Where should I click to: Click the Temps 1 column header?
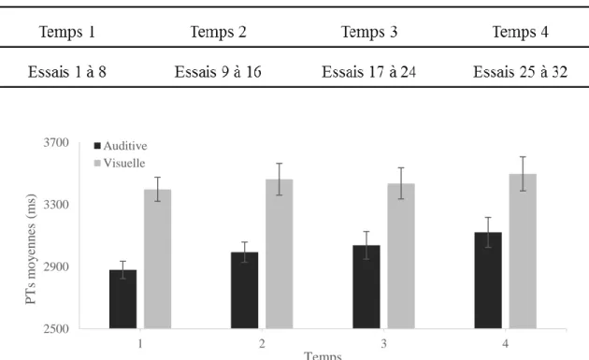point(67,32)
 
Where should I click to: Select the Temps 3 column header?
point(369,32)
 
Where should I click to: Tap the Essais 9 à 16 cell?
point(218,72)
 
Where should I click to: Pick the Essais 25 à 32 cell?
point(520,72)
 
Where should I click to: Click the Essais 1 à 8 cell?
point(67,72)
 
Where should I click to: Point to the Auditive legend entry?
point(121,146)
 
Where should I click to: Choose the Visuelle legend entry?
point(120,163)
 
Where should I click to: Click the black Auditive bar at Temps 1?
point(122,299)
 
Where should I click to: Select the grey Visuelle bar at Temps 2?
point(280,254)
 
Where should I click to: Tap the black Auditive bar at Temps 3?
point(366,287)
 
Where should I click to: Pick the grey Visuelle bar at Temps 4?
point(523,252)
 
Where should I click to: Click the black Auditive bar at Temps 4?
point(488,281)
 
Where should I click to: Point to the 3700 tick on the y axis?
point(56,143)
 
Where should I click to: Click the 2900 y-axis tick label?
point(56,266)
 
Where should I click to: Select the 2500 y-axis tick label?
point(56,329)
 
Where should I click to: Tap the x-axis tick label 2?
point(262,343)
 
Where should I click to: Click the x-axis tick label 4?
point(505,343)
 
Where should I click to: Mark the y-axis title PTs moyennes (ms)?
point(31,249)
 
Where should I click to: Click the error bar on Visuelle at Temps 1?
point(157,190)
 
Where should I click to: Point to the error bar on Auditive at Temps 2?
point(245,252)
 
